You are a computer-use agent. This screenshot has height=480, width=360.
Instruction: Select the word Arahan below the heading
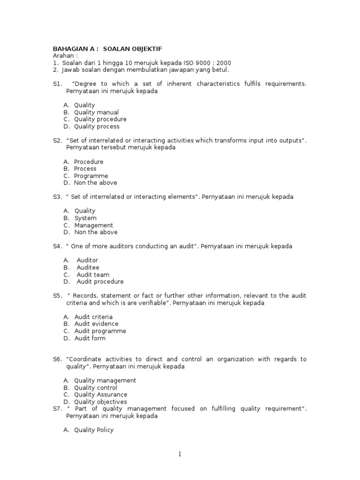65,56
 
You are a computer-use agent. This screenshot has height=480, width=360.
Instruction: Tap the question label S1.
58,84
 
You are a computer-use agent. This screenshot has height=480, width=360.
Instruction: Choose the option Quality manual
96,112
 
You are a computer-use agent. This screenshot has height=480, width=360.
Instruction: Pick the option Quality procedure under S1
100,119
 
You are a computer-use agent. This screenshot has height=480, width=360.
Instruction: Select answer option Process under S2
85,169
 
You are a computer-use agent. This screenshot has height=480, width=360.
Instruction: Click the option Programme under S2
91,176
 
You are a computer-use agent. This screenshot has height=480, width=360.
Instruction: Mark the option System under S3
85,218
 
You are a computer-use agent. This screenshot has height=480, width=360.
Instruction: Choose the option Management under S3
93,225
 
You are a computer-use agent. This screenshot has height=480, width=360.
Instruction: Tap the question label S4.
58,246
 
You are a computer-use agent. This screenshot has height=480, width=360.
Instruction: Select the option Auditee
88,268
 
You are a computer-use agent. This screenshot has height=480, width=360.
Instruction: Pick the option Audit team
93,275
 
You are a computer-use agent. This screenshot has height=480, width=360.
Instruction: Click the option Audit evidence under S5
96,324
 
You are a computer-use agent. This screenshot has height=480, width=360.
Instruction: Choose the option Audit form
90,338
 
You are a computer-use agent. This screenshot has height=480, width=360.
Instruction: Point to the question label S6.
58,360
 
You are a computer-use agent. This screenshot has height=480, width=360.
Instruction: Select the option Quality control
96,388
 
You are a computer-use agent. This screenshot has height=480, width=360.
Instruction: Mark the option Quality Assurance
100,395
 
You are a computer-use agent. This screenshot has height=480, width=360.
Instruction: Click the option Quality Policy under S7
94,430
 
